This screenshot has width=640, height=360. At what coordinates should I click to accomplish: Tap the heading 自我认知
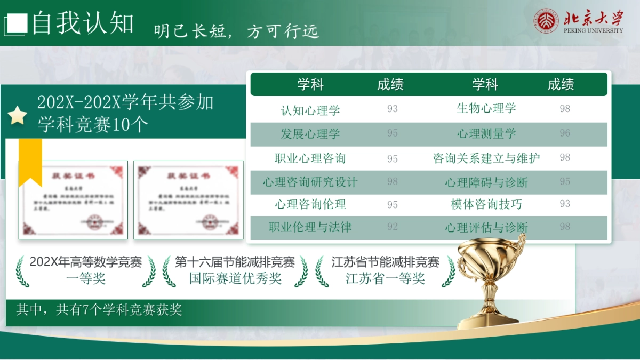[x=83, y=23]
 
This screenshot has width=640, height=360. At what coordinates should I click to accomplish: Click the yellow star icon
[x=18, y=115]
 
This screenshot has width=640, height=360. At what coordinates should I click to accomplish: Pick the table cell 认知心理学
[x=310, y=110]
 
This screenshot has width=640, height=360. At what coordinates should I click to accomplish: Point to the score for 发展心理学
[x=393, y=133]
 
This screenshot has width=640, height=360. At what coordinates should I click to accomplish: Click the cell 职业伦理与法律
[x=310, y=227]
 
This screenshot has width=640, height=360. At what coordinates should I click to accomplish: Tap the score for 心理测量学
[x=565, y=133]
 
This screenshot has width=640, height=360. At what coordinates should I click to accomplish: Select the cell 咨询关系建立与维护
[x=486, y=158]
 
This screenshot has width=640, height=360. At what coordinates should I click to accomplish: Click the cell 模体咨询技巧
[x=486, y=204]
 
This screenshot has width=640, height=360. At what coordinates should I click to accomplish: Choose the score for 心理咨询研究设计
[x=393, y=182]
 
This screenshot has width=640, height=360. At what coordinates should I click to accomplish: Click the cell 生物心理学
[x=486, y=108]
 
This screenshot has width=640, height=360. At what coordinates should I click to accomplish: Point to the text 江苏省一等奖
[x=385, y=278]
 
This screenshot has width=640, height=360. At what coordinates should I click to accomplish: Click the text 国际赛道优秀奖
[x=235, y=278]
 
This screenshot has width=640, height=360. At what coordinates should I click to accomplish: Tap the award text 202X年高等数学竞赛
[x=86, y=262]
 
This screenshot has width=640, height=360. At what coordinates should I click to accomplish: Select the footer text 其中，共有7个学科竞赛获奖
[x=99, y=310]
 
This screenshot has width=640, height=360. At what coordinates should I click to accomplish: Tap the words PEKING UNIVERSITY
[x=593, y=31]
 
